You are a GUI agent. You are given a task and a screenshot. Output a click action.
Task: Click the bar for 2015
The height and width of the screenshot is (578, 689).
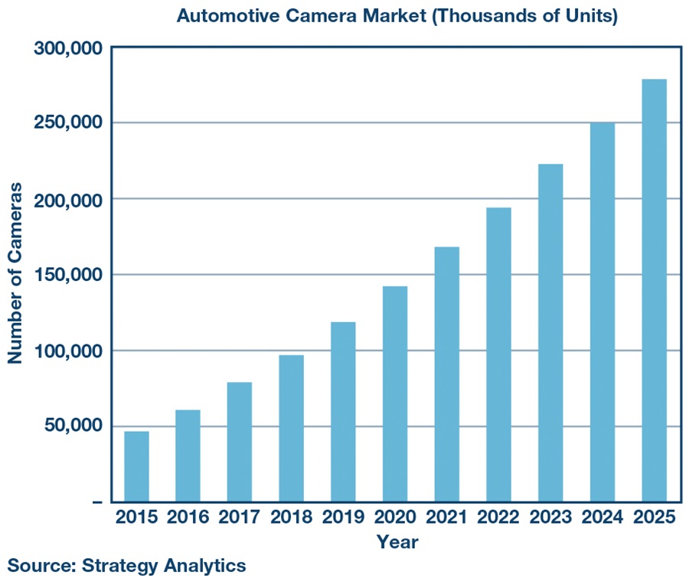[136, 466]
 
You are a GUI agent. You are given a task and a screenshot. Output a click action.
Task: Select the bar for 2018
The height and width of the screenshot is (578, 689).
[292, 428]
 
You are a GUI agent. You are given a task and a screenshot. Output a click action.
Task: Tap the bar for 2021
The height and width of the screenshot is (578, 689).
[447, 374]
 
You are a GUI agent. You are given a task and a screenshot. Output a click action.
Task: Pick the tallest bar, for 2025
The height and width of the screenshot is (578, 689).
[654, 291]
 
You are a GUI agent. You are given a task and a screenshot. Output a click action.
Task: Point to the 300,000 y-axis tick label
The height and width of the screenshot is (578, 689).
[68, 48]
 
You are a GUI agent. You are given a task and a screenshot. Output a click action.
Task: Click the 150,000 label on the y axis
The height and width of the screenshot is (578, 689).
[68, 275]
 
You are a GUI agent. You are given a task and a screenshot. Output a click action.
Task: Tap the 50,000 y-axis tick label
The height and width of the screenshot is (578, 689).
[73, 426]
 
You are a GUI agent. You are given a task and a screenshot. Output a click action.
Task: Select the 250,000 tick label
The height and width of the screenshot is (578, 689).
[68, 123]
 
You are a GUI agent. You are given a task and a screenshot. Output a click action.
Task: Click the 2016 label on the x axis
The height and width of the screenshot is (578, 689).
[188, 517]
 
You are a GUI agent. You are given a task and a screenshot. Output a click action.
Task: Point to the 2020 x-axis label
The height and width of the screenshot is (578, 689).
[395, 517]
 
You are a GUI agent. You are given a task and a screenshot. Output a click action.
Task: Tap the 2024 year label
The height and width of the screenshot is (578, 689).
[602, 517]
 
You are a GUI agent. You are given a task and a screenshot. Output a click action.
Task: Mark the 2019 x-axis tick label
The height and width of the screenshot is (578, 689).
[344, 517]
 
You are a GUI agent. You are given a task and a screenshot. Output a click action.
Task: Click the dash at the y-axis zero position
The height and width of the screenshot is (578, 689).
[96, 502]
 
